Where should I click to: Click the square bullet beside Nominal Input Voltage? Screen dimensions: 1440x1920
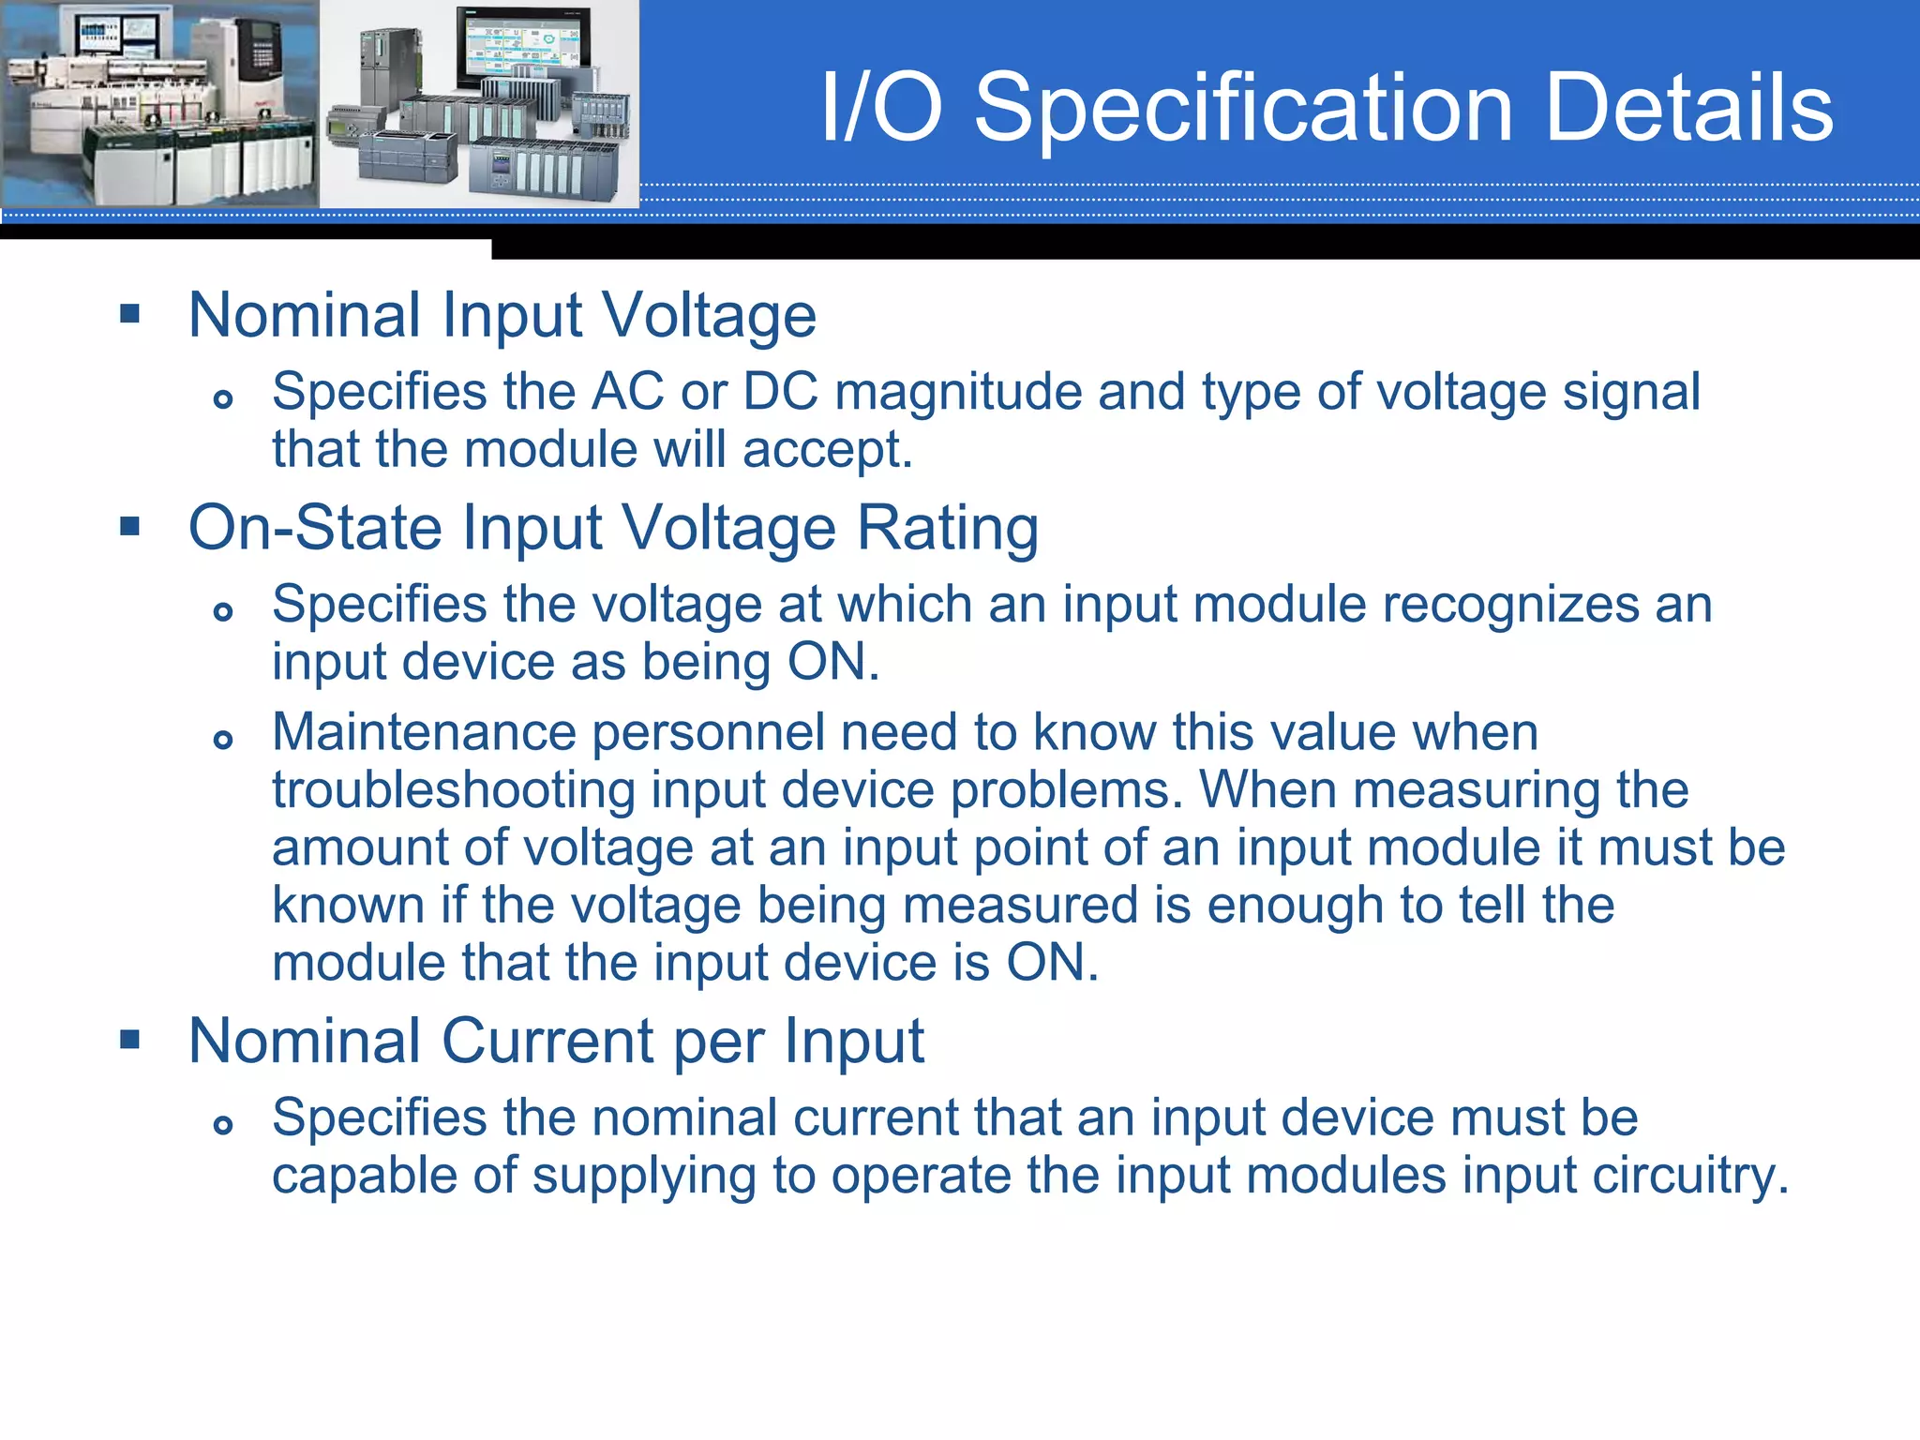coord(130,313)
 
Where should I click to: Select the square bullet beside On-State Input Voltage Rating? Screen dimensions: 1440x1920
coord(130,526)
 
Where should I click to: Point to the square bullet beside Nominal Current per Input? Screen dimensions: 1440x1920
coord(130,1039)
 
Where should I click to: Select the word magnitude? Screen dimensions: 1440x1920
coord(957,392)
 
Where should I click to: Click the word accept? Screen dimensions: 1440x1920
coord(826,450)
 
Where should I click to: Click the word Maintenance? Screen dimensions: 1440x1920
coord(424,732)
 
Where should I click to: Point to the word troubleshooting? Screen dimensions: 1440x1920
coord(454,790)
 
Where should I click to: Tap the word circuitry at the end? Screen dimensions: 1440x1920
coord(1690,1176)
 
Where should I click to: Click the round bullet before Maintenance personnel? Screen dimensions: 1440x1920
coord(223,740)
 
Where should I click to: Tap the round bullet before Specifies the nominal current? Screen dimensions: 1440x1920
coord(223,1125)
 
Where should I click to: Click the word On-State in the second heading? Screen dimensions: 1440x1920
coord(315,528)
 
